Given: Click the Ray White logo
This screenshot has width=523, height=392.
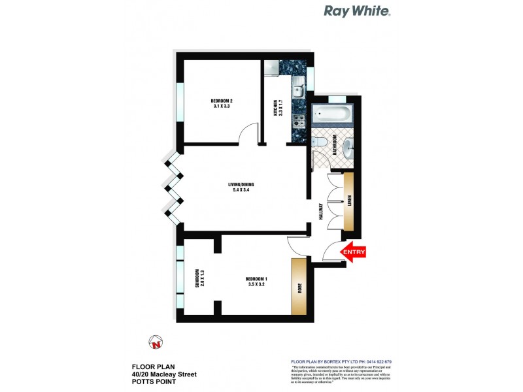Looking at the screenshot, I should click(358, 11).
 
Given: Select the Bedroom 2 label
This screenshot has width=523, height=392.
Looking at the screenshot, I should click(222, 103).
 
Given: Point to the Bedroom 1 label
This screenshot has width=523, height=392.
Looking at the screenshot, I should click(256, 282).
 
